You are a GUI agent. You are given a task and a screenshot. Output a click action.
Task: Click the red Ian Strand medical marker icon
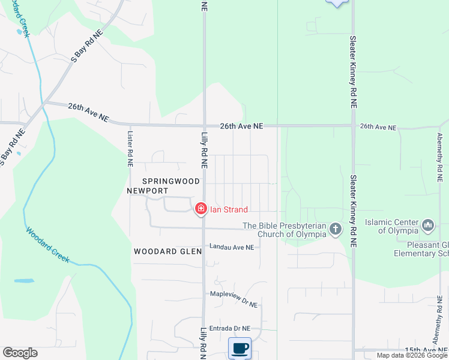pyautogui.click(x=201, y=209)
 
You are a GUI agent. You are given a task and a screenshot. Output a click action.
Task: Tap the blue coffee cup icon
pyautogui.click(x=240, y=348)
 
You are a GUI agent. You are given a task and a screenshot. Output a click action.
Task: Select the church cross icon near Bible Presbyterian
pyautogui.click(x=335, y=229)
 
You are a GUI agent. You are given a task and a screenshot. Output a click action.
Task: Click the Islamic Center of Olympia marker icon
pyautogui.click(x=428, y=226)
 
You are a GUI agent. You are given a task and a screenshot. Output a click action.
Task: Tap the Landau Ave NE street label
pyautogui.click(x=231, y=247)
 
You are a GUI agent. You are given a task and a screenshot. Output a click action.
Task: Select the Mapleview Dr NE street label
pyautogui.click(x=234, y=294)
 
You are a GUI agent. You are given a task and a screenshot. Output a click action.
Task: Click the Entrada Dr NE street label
pyautogui.click(x=230, y=328)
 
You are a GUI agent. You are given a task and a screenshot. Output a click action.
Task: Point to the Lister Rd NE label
pyautogui.click(x=130, y=149)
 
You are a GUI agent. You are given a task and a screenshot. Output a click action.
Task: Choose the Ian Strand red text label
pyautogui.click(x=229, y=209)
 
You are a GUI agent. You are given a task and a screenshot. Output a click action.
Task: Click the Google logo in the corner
pyautogui.click(x=20, y=353)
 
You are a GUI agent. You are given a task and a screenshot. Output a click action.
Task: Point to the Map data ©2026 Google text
pyautogui.click(x=412, y=355)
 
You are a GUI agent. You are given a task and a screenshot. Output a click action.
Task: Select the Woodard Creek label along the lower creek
pyautogui.click(x=47, y=245)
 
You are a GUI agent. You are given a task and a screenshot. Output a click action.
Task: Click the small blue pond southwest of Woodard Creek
pyautogui.click(x=24, y=281)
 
